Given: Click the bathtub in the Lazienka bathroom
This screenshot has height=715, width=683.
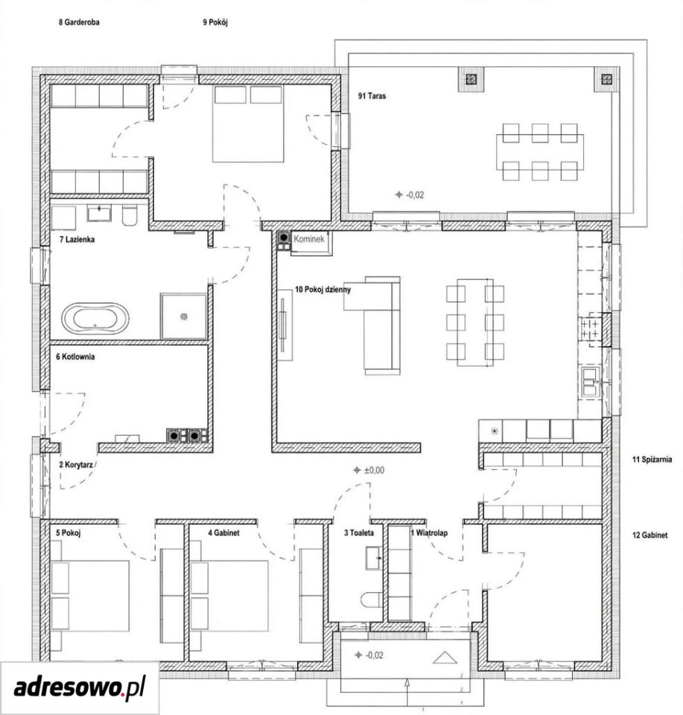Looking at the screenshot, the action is (x=95, y=318).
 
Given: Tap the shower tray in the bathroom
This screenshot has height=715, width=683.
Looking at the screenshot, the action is (x=183, y=316).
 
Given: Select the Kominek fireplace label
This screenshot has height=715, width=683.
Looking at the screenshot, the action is (x=308, y=238).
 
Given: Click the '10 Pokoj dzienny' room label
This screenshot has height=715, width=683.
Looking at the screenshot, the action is (x=323, y=289).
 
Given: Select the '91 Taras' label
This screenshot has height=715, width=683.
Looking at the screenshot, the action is (x=372, y=96).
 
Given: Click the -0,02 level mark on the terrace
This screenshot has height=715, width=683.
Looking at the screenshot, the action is (x=410, y=194).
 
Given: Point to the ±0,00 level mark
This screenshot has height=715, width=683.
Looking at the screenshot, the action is (x=369, y=470).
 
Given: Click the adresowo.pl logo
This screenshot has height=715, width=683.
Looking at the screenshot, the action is (x=80, y=687).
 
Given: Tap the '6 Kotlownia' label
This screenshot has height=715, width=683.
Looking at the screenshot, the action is (x=75, y=356).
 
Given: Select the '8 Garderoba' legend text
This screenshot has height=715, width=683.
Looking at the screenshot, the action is (x=79, y=22).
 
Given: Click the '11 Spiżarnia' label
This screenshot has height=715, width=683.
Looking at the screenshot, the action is (x=652, y=460).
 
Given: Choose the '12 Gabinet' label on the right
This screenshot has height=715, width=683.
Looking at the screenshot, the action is (x=649, y=535).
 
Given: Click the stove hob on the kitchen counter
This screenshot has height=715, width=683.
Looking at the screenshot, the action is (x=591, y=329).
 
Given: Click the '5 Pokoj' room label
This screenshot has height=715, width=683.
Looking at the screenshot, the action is (x=69, y=532).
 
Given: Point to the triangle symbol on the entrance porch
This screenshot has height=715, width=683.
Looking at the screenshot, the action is (x=445, y=658).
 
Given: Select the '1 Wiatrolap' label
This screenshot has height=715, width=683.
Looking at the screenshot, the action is (x=429, y=533).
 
